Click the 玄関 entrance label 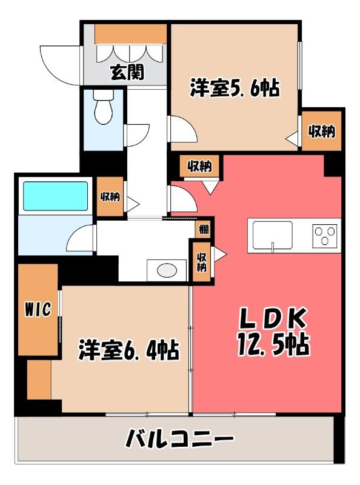click(x=127, y=73)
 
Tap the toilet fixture click(x=103, y=107)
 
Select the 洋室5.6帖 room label click(x=235, y=88)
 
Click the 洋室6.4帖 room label click(x=128, y=350)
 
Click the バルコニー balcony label click(x=179, y=438)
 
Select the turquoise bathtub click(x=55, y=196)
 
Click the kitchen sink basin click(x=273, y=235)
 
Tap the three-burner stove click(x=325, y=236)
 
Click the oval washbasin click(x=167, y=270)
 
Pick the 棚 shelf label click(x=204, y=230)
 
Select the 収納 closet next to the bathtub click(x=110, y=196)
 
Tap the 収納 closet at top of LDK click(x=199, y=166)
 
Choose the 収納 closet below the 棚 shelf click(x=202, y=262)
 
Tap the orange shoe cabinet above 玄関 click(x=130, y=34)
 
